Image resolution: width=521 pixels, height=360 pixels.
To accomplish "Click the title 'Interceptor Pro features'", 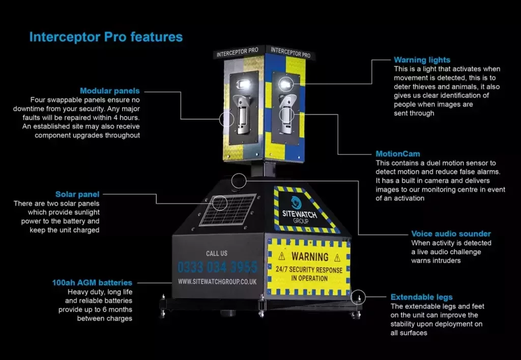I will [106, 37].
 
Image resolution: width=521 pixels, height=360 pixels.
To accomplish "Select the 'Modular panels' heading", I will [109, 91].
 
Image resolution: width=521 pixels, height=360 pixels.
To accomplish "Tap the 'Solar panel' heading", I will [77, 194].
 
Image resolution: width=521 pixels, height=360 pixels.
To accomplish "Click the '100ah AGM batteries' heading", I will [92, 283].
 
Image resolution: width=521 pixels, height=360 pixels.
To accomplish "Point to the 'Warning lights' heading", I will [422, 60].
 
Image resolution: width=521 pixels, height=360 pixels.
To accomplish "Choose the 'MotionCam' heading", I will [398, 154].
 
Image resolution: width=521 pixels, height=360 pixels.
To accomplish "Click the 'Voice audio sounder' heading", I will [451, 234].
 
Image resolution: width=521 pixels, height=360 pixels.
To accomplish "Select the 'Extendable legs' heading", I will [421, 297].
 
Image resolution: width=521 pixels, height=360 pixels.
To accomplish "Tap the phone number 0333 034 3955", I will [217, 267].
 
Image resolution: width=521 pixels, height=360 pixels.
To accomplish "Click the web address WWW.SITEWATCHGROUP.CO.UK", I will [217, 281].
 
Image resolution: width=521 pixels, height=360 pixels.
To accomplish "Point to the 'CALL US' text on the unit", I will [217, 253].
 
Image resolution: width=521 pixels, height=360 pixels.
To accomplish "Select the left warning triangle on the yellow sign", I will [281, 256].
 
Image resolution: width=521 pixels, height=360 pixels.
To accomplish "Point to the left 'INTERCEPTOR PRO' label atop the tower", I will [237, 52].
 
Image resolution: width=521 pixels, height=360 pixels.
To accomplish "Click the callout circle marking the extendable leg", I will [358, 297].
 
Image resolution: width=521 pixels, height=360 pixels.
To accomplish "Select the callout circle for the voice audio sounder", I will [239, 180].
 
